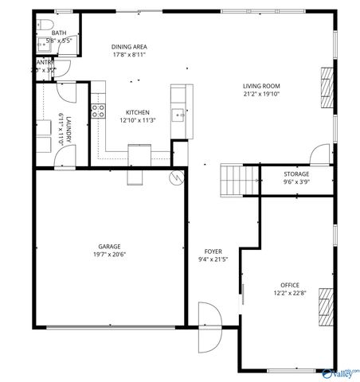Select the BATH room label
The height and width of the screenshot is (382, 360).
(60, 33)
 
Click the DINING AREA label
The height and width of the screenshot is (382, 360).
(128, 46)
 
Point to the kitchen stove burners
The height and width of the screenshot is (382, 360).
(98, 111)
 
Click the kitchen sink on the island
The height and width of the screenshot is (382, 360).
(178, 116)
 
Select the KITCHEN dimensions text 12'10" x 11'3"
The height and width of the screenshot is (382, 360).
(137, 120)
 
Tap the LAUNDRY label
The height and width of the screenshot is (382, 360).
(68, 129)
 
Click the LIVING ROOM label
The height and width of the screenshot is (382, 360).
(261, 86)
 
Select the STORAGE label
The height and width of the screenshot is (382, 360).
(296, 173)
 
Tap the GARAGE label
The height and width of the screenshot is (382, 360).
(110, 246)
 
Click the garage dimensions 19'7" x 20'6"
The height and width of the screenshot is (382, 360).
(110, 254)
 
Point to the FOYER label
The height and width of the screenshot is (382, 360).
(213, 251)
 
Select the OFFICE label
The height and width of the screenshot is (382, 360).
(290, 284)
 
